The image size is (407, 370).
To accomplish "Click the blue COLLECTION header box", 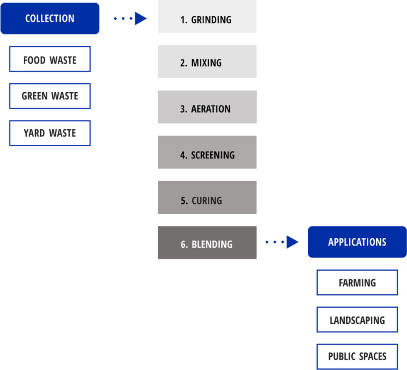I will pyautogui.click(x=50, y=18).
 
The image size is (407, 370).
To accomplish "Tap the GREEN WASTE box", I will pyautogui.click(x=50, y=96).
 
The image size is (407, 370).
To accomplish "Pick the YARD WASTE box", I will pyautogui.click(x=50, y=133).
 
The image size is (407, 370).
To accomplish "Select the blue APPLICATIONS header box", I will pyautogui.click(x=357, y=242).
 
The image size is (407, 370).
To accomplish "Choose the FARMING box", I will pyautogui.click(x=357, y=282).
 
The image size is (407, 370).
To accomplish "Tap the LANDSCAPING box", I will pyautogui.click(x=357, y=320).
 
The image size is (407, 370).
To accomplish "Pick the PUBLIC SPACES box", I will pyautogui.click(x=357, y=356).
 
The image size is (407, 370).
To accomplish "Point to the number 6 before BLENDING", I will pyautogui.click(x=183, y=244).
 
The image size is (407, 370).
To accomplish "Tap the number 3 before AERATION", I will pyautogui.click(x=183, y=109).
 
